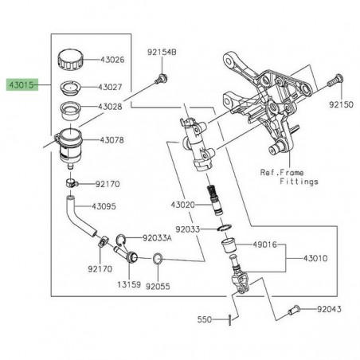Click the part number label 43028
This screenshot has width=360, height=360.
click(112, 106)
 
